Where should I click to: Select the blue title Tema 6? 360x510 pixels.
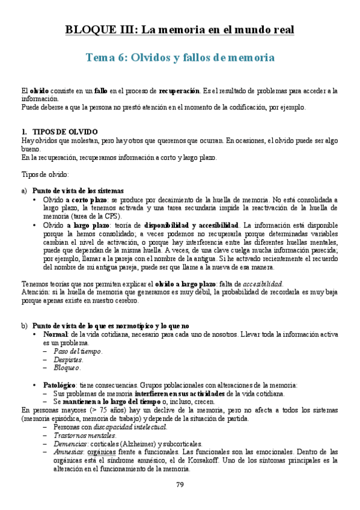180,58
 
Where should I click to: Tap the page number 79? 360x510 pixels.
180,485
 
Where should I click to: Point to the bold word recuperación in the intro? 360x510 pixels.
178,90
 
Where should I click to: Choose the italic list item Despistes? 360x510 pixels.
68,359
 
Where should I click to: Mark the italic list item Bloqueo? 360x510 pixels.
67,367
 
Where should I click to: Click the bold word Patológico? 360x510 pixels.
59,384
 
